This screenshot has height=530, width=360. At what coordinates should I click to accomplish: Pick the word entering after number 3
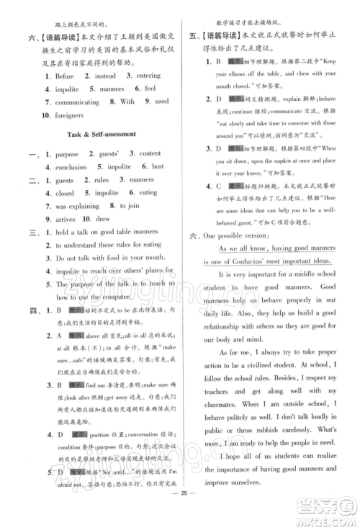coord(148,76)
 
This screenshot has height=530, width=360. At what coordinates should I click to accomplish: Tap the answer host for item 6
coord(157,167)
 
